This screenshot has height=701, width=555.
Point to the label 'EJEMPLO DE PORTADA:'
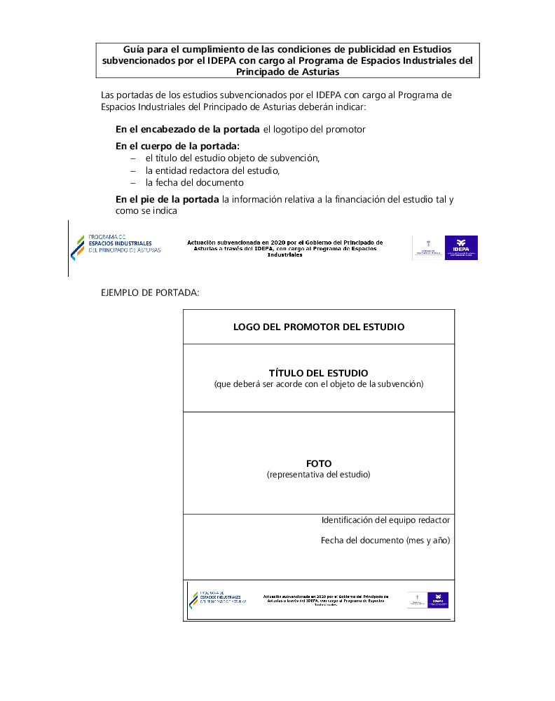(150, 292)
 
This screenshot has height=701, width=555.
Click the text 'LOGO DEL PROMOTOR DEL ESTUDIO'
(319, 327)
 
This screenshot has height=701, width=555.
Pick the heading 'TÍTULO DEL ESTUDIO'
(318, 373)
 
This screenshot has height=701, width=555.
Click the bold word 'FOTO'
(319, 463)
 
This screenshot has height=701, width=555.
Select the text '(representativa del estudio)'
(319, 475)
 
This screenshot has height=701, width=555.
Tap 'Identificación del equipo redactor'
(385, 520)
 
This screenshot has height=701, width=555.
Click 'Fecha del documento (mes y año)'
(385, 540)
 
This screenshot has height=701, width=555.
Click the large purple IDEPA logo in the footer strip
(461, 248)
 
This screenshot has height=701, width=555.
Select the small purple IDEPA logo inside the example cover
(438, 600)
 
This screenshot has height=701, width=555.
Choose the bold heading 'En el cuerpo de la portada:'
(177, 147)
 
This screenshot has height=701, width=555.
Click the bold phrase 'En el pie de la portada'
(167, 200)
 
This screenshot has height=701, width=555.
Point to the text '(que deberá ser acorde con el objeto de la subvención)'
(319, 384)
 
